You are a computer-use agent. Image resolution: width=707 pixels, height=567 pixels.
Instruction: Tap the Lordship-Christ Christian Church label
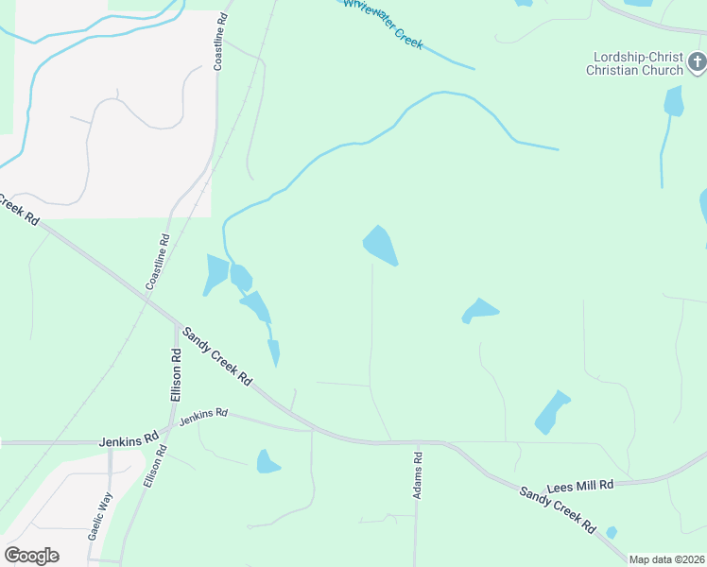tap(634, 63)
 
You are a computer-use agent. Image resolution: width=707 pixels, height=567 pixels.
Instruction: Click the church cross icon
tap(698, 63)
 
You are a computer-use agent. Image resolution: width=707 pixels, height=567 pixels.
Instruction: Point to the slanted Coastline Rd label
tap(158, 262)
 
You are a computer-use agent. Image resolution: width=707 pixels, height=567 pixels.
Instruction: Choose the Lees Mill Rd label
tap(578, 484)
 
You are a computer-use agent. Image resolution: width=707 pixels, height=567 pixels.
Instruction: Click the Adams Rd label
tap(417, 474)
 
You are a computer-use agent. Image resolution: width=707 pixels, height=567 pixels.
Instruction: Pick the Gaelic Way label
tap(101, 515)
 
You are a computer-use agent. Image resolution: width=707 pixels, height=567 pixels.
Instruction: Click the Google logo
tap(31, 556)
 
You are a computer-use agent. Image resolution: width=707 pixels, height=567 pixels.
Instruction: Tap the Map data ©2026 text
tap(667, 559)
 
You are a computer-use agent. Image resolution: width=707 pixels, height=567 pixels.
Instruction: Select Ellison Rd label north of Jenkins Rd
tap(176, 374)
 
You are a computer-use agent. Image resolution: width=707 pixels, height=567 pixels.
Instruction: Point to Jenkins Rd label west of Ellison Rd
tap(129, 440)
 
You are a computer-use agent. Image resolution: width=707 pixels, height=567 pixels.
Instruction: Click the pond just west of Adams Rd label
tap(267, 461)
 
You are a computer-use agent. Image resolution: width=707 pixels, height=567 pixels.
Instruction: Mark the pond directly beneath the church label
tap(673, 101)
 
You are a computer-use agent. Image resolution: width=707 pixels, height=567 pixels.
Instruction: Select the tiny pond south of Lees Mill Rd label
tap(612, 533)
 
